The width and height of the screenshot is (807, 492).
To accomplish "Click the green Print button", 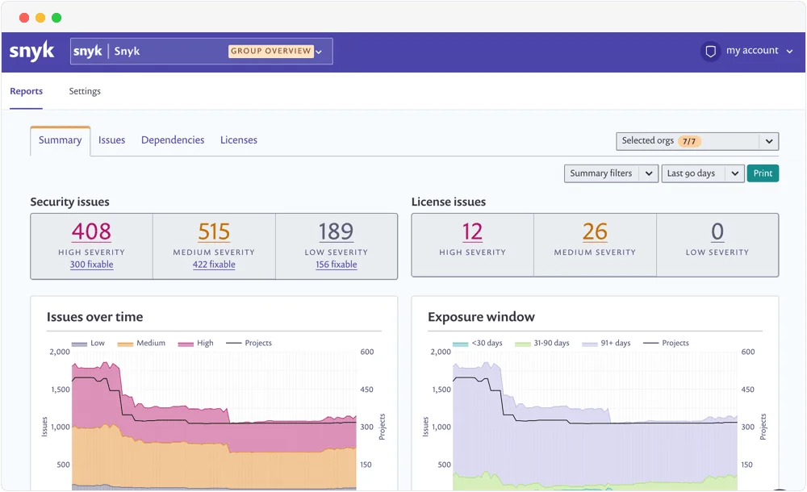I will pos(763,173).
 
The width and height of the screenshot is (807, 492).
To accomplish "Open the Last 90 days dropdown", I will pos(702,173).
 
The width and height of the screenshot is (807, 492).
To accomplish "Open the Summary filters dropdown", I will pos(611,173).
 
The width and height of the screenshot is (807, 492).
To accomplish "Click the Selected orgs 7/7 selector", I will pos(696,141).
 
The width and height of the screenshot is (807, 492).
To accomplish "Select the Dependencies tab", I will pos(173,140).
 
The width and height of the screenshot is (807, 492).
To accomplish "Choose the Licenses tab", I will pos(239,140).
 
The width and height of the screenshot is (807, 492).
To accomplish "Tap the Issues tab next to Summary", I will pos(111,140).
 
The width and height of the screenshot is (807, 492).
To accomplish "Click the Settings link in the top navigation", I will pos(85,91).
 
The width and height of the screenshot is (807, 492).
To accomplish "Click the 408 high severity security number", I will pos(91,232).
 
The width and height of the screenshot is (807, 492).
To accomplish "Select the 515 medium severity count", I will pos(214,232).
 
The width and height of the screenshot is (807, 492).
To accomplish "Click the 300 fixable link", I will pos(91,265).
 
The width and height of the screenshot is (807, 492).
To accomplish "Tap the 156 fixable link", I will pos(337,265).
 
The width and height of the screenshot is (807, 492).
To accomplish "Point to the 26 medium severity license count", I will pos(595,232).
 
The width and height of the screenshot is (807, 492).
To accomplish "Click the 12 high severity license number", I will pos(472,232).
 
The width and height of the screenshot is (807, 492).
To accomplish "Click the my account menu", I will pos(751,51).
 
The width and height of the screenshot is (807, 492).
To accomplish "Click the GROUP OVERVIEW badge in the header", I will pos(271,51).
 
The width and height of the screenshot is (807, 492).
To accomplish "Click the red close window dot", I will pos(23,18).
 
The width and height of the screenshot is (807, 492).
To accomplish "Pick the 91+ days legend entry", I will pos(611,343).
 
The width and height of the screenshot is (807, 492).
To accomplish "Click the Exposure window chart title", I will pos(481,317).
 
